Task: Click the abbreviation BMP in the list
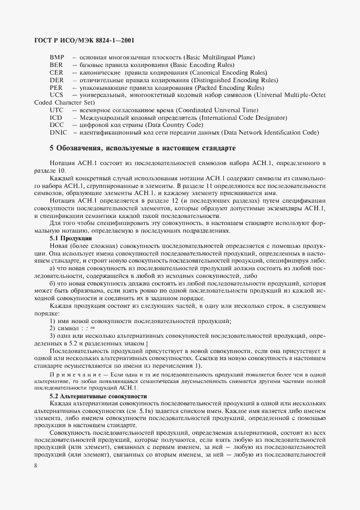(x=57, y=57)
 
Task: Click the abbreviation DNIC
(x=58, y=132)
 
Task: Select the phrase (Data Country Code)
(x=198, y=125)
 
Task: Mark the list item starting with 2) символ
(x=72, y=329)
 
